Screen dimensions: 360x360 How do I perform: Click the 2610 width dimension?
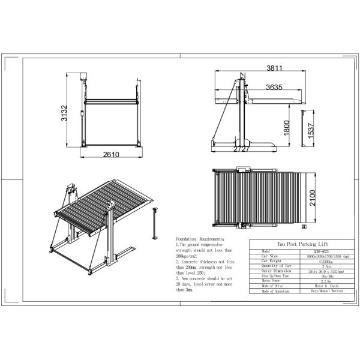(x=110, y=155)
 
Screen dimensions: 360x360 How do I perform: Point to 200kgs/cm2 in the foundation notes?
(x=187, y=254)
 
